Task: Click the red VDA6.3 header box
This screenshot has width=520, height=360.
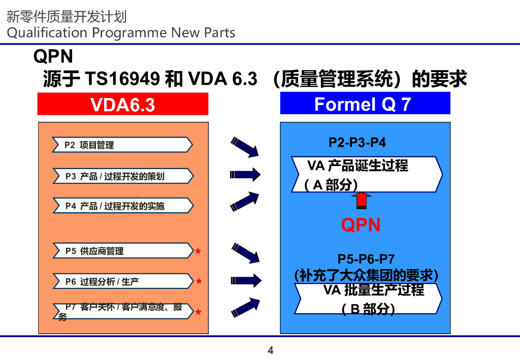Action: tap(123, 105)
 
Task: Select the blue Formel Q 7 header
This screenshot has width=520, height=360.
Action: tap(365, 104)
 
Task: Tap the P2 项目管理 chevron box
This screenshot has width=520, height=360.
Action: tap(122, 145)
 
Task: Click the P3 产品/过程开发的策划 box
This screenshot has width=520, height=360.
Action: tap(122, 176)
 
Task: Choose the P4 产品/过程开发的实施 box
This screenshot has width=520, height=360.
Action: tap(122, 206)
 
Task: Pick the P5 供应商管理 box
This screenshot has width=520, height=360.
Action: tap(122, 251)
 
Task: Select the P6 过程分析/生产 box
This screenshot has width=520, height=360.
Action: tap(122, 281)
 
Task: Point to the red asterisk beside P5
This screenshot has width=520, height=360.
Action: tap(198, 252)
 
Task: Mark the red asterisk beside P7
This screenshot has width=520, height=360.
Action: tap(198, 313)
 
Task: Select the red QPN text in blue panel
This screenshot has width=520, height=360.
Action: tap(361, 225)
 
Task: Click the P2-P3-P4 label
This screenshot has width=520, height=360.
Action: tap(357, 143)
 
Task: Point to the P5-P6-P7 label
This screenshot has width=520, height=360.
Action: tap(366, 260)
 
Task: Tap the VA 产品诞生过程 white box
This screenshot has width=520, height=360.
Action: tap(366, 174)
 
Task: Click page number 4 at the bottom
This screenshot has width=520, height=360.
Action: tap(270, 350)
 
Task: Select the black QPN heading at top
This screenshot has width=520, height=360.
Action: tap(53, 56)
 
